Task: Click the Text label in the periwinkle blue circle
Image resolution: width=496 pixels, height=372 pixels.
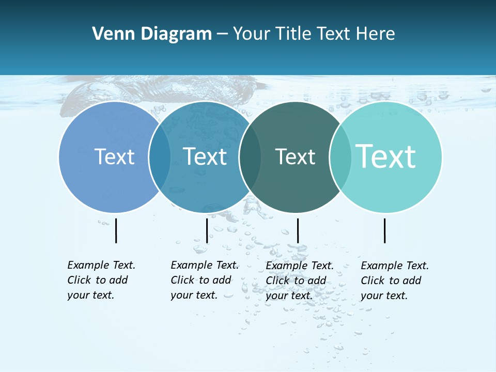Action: (x=114, y=157)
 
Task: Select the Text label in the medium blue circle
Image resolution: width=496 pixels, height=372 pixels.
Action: (x=205, y=157)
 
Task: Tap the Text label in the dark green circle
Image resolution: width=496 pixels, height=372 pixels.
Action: (x=295, y=157)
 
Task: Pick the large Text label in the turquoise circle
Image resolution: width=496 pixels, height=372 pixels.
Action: (x=386, y=157)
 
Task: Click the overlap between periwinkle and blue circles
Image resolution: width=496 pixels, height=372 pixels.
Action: (x=160, y=157)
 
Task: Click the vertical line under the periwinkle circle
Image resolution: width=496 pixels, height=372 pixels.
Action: (x=116, y=230)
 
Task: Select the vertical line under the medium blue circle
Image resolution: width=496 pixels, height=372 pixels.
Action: (x=207, y=230)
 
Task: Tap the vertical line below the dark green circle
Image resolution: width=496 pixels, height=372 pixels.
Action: (x=298, y=230)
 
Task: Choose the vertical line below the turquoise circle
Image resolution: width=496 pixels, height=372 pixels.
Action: (x=384, y=230)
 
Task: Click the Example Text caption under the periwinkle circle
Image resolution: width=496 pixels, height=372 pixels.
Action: (x=101, y=280)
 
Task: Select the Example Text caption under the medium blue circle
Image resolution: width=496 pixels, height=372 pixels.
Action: (x=204, y=280)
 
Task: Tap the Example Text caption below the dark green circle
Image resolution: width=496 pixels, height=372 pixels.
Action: (x=299, y=281)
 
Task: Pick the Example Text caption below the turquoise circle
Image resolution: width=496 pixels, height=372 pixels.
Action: (x=394, y=281)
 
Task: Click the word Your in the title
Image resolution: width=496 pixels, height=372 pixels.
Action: (x=252, y=34)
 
